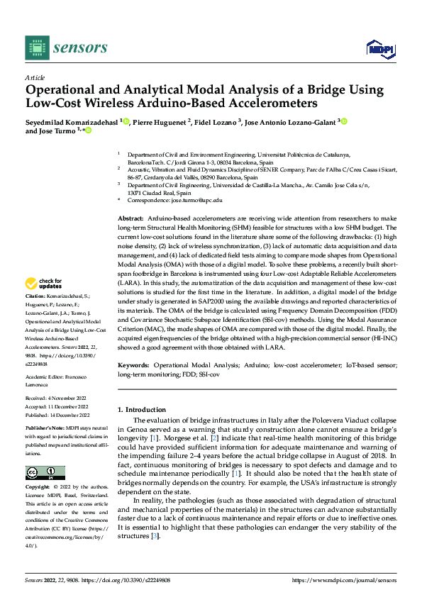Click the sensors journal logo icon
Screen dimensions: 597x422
click(x=35, y=48)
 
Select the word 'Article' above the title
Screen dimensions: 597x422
click(x=35, y=77)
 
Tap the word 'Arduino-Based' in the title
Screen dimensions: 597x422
click(x=197, y=103)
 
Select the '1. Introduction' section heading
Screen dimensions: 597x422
click(x=142, y=409)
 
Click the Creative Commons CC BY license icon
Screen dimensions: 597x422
click(x=45, y=473)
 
